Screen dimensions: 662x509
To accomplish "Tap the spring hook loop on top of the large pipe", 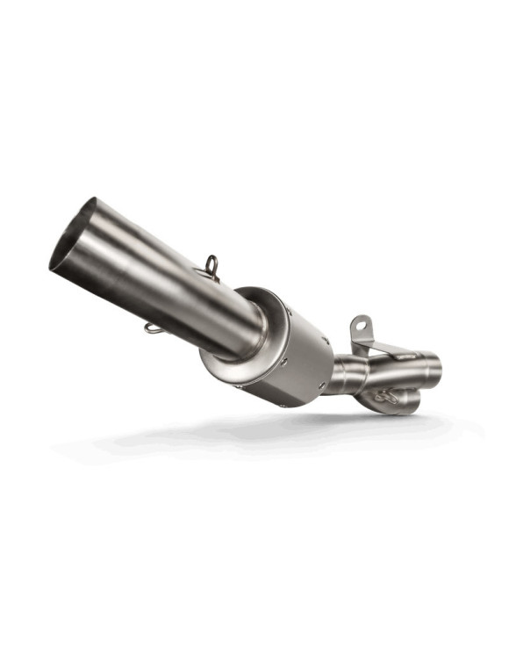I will pos(211,264).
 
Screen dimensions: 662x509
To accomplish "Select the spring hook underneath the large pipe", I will pos(154,329).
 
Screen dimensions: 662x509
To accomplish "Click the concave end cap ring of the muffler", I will pos(230,351).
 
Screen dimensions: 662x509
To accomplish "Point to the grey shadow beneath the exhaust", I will pos(263,439).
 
